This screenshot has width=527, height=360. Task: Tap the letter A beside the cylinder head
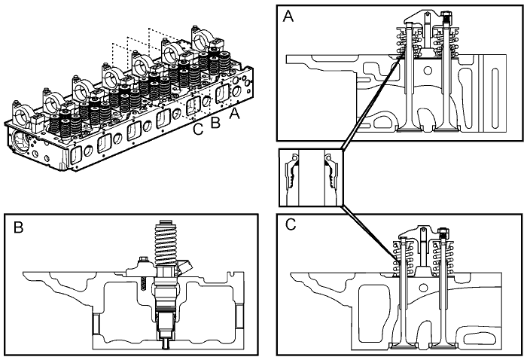click(x=234, y=114)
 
